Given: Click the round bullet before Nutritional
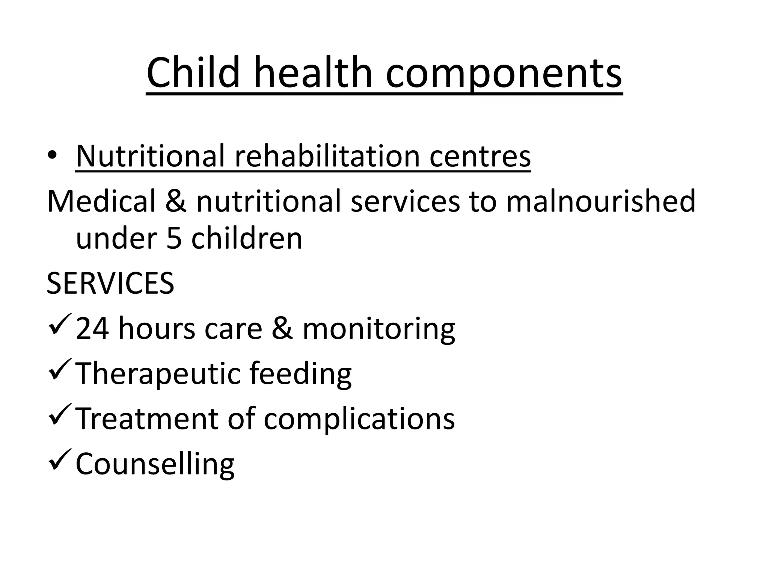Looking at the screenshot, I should coord(52,156).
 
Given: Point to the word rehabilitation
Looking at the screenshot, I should coord(327,156).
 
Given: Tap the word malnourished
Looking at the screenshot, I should coord(600,201).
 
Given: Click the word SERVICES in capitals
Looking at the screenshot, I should coord(110,283).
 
